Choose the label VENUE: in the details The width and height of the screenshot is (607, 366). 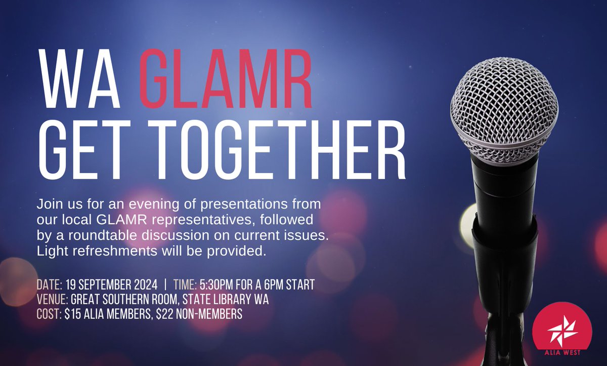pos(52,300)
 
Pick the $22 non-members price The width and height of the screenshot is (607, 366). pos(166,314)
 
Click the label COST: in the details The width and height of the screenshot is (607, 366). pos(50,314)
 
